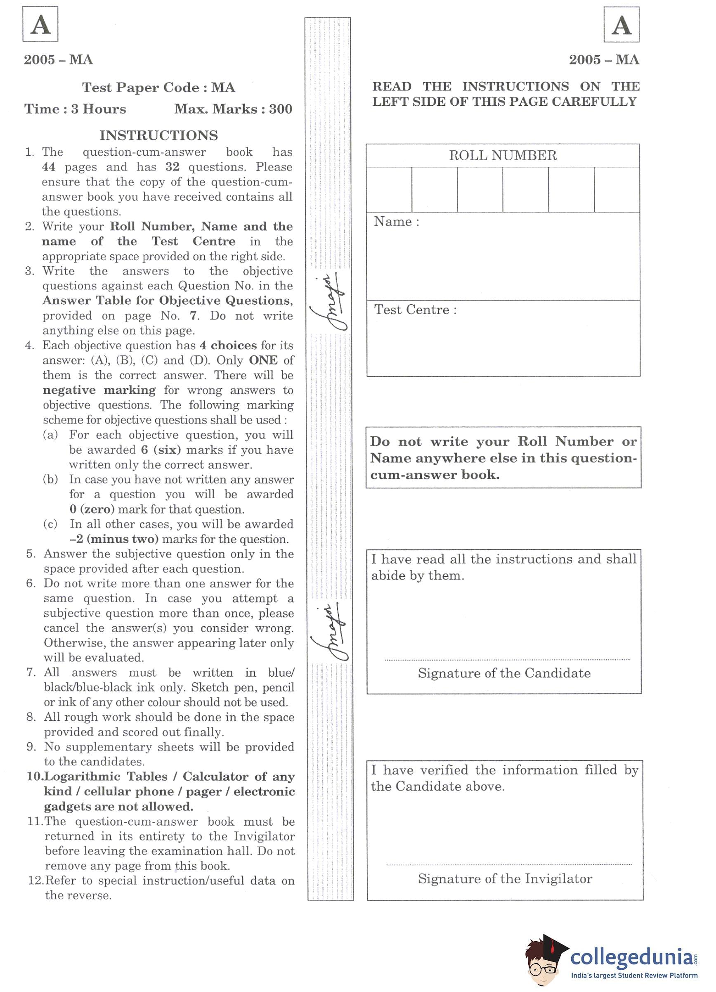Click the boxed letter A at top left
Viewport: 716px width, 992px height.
pos(40,24)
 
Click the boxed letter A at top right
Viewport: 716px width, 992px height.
pos(621,25)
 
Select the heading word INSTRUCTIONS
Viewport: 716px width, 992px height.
pos(158,135)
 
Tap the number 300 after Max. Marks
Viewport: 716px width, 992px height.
pos(281,109)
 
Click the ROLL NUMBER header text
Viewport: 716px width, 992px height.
pos(503,156)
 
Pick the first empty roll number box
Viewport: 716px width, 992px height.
pos(389,189)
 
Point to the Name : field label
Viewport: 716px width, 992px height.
pos(396,222)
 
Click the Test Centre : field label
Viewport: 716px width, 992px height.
pos(415,310)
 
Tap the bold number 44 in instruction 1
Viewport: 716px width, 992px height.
pos(49,167)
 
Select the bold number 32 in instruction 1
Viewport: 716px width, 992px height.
pos(172,167)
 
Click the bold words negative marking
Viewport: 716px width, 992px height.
pos(99,390)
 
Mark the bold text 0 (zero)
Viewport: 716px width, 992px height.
pos(92,509)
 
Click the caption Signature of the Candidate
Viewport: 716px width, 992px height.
pos(504,673)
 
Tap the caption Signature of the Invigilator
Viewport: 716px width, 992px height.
pos(505,878)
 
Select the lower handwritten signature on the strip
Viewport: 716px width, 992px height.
pos(330,632)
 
